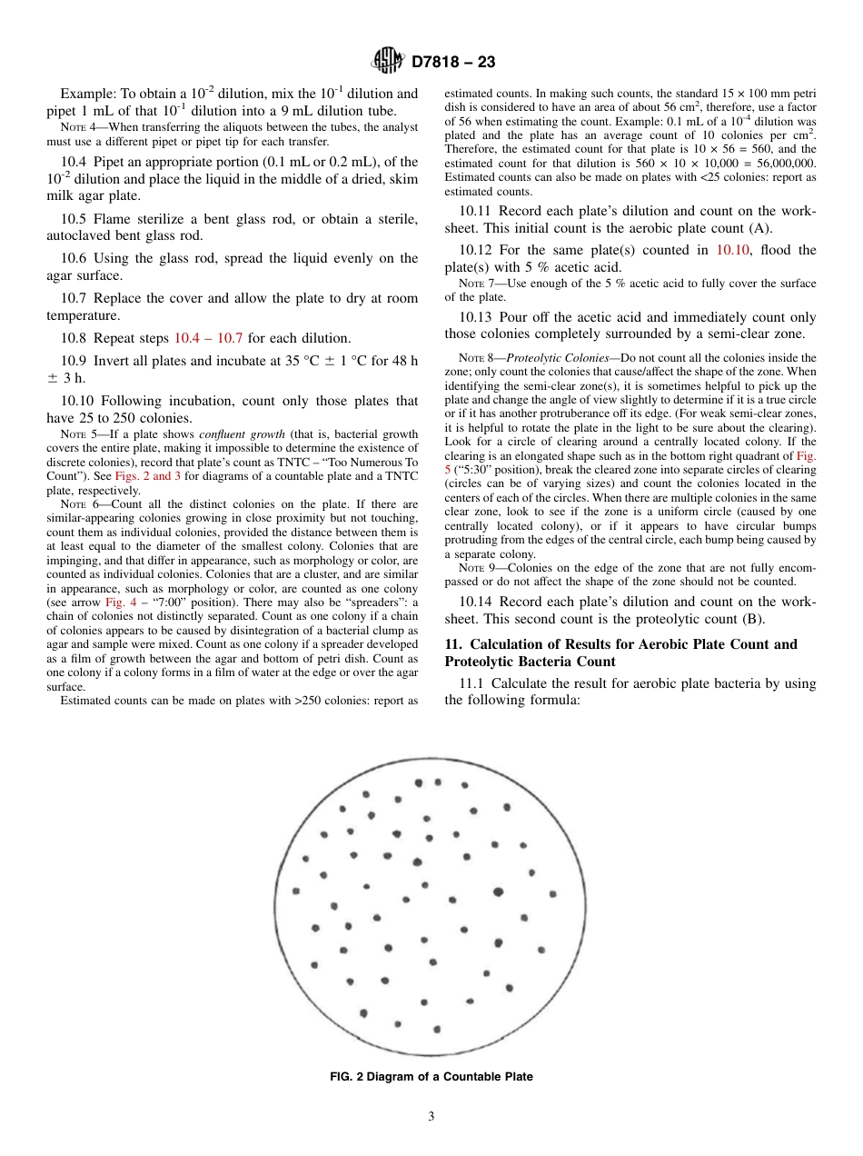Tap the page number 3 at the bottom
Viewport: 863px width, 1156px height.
(x=431, y=1116)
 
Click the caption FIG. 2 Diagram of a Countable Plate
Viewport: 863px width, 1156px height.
(x=431, y=1077)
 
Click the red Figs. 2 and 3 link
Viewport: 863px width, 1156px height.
(x=144, y=475)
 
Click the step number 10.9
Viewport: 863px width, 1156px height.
(x=76, y=361)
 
